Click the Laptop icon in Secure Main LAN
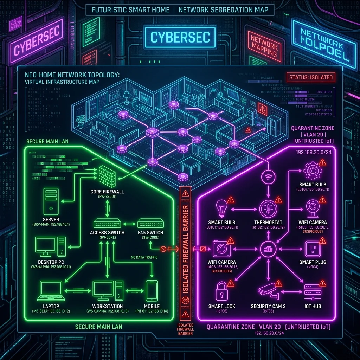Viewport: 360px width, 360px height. point(51,290)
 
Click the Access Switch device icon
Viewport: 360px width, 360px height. point(108,223)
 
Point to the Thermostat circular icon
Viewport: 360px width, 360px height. point(268,209)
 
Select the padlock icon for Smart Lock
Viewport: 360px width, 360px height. point(221,290)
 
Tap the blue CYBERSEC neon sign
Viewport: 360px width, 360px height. point(180,37)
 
